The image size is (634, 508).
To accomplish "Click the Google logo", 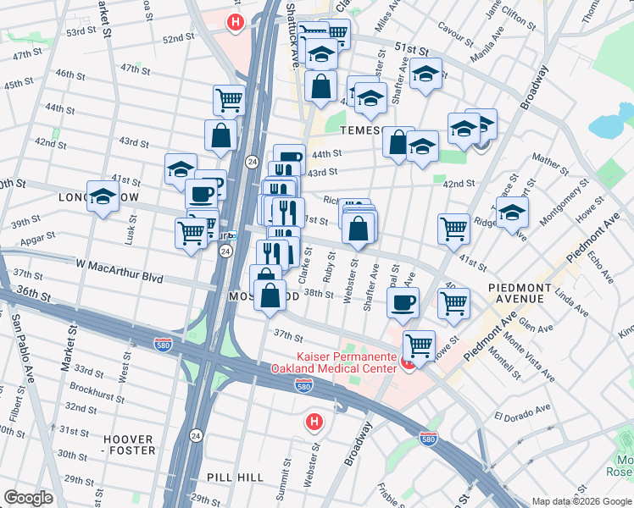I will click(28, 498).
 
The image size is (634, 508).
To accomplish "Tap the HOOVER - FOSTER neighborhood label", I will click(129, 445).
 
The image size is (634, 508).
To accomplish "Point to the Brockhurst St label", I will click(97, 392).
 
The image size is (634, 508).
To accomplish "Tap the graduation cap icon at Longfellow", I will click(103, 198).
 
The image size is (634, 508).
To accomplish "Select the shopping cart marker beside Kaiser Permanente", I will click(419, 345).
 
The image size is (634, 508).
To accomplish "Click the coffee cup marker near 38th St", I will click(403, 302).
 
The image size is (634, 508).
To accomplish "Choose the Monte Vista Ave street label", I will click(529, 358).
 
